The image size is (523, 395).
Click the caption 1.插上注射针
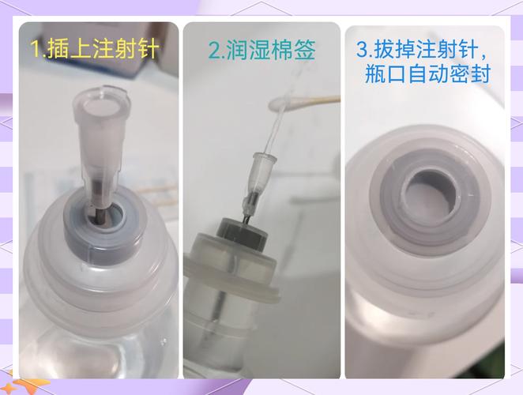tap(95, 50)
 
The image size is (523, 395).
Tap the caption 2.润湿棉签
tap(261, 51)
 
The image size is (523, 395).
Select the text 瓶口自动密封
tap(427, 75)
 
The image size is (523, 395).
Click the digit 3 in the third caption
tap(362, 51)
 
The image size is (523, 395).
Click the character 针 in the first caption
tap(148, 50)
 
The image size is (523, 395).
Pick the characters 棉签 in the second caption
tap(295, 51)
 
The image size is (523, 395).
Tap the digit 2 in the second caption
tap(213, 51)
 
